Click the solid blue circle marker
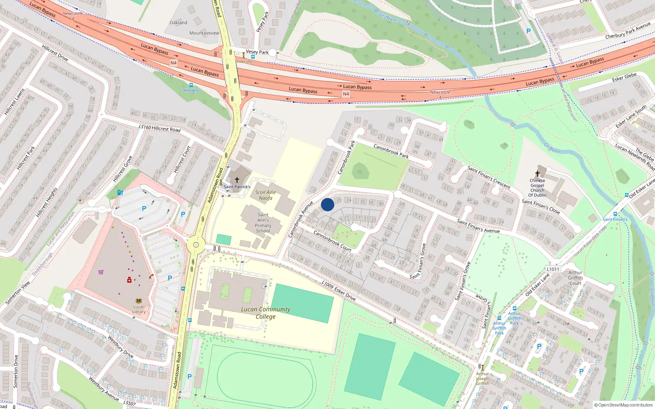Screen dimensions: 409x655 (327, 204)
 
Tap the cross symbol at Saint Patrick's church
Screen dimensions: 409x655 (237, 180)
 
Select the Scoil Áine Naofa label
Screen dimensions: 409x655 (265, 195)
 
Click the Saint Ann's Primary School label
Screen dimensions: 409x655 (263, 222)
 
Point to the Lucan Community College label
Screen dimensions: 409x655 (266, 313)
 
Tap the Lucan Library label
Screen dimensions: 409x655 (139, 309)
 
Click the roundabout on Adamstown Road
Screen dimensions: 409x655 (196, 245)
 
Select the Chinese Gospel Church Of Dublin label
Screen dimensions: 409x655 (537, 188)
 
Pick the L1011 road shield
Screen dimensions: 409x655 (553, 269)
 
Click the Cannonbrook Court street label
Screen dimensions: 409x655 (332, 240)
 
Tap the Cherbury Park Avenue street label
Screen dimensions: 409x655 (628, 31)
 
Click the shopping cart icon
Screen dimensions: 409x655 (101, 272)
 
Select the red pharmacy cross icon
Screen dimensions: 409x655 (129, 280)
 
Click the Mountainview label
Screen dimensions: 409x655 (204, 33)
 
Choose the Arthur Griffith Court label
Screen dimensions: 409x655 (575, 278)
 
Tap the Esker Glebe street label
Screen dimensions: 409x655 (624, 77)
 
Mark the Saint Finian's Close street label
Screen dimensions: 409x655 (540, 206)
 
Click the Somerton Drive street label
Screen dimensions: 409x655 (16, 371)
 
